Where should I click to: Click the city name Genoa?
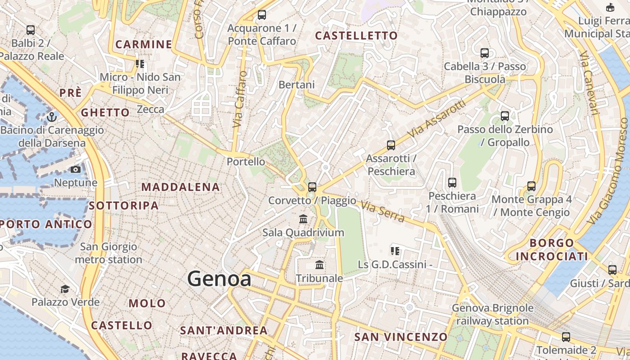click(219, 279)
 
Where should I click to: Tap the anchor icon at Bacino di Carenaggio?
click(52, 117)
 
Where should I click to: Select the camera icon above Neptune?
click(76, 170)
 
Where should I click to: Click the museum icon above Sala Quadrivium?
click(303, 219)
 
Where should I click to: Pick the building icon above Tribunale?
click(319, 265)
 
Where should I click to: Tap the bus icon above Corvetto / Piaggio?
click(312, 187)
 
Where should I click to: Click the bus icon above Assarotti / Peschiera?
click(391, 145)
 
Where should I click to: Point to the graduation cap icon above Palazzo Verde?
click(65, 288)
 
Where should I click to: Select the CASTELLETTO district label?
click(356, 36)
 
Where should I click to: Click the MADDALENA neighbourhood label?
click(181, 187)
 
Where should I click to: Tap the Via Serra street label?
click(382, 211)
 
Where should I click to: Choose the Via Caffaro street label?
click(240, 99)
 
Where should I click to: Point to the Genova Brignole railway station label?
click(492, 315)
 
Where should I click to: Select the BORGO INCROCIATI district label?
click(552, 250)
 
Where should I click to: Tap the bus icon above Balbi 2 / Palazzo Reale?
click(31, 30)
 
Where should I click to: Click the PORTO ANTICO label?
click(46, 224)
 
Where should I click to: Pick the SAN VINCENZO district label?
click(401, 337)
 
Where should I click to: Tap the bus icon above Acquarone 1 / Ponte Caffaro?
click(262, 15)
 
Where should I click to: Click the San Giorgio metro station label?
click(108, 253)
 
